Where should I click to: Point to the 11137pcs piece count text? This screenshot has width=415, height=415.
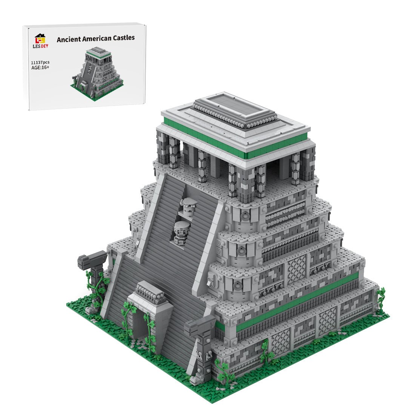(x=40, y=62)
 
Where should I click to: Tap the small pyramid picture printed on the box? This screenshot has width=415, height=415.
(x=97, y=70)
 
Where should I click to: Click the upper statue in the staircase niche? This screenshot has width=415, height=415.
(x=188, y=206)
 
